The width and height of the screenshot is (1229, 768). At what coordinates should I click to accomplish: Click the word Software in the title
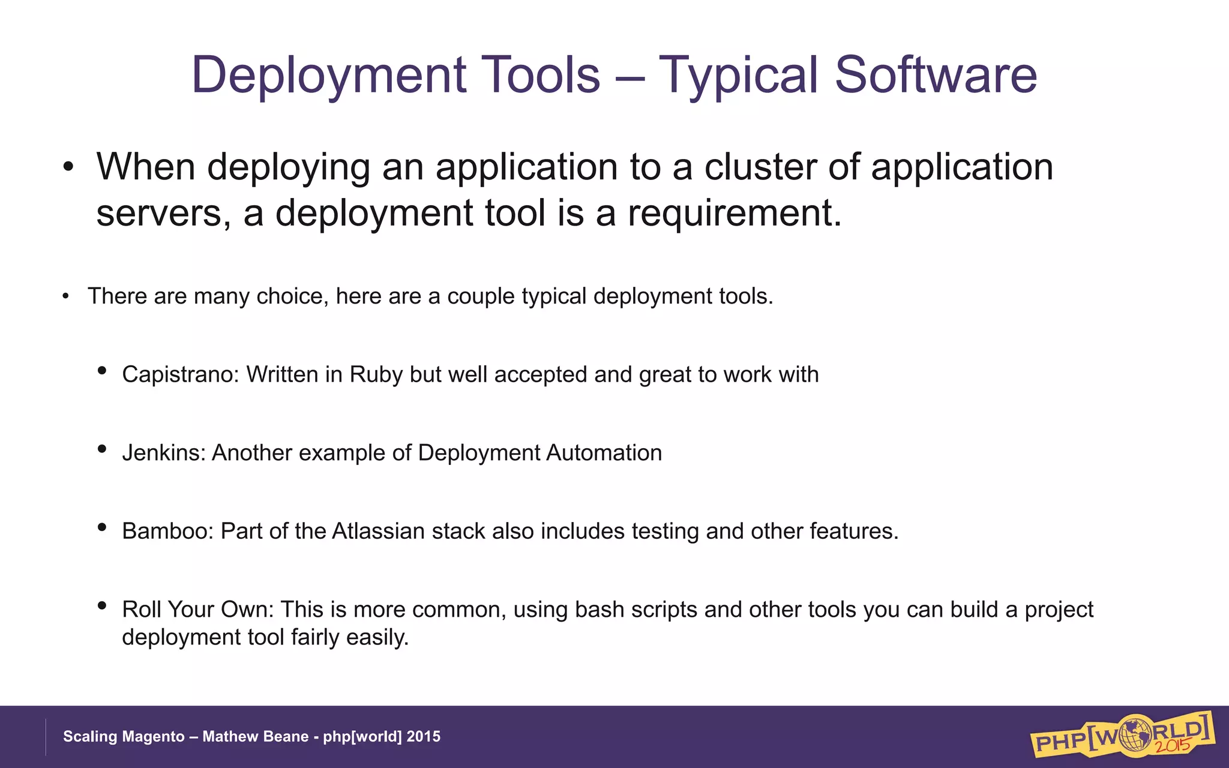click(x=936, y=75)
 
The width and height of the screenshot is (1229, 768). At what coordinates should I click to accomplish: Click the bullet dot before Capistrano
click(x=102, y=371)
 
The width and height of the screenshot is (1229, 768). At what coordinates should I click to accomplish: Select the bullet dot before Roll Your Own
click(x=102, y=606)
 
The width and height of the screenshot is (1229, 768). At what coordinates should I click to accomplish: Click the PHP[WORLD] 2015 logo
click(x=1122, y=735)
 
